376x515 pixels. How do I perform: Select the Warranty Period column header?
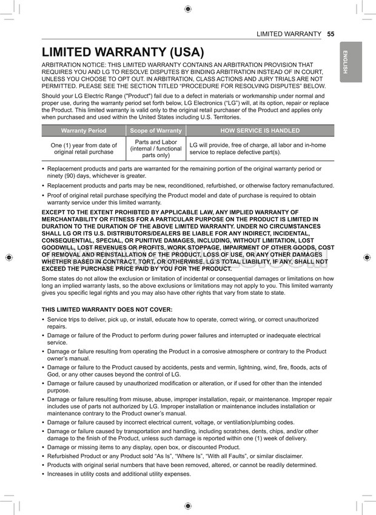84,130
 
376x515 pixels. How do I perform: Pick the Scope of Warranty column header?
156,130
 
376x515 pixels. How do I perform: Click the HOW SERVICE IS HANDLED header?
260,130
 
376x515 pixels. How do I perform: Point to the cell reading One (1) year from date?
84,149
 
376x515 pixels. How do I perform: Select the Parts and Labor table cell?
156,149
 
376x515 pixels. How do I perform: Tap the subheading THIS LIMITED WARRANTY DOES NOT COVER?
107,309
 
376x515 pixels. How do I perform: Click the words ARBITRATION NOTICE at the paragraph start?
72,64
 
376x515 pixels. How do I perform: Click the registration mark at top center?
188,8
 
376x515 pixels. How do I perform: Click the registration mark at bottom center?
188,505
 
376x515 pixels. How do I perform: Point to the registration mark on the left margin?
8,257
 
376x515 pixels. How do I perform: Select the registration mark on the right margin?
367,257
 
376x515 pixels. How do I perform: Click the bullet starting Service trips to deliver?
182,322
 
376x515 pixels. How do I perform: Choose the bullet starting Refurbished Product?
175,456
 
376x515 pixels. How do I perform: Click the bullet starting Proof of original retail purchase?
182,198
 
